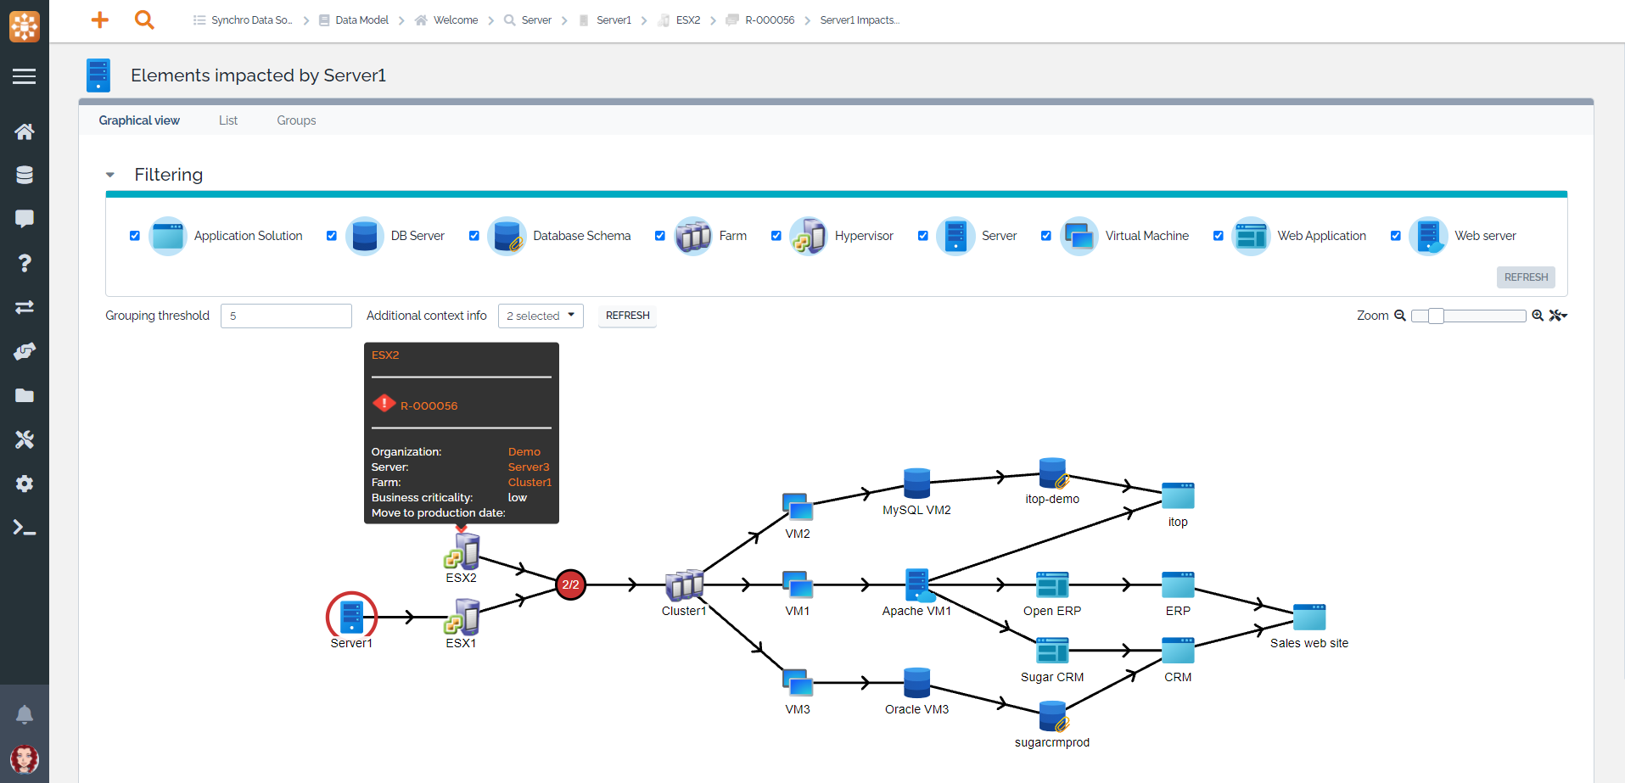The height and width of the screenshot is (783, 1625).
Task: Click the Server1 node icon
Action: (x=351, y=616)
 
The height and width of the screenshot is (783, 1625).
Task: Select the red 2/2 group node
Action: (x=570, y=584)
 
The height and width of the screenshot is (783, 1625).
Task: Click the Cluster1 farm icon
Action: (x=684, y=585)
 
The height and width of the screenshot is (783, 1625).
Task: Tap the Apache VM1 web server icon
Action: (x=917, y=584)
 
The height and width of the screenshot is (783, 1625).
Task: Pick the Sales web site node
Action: (x=1308, y=618)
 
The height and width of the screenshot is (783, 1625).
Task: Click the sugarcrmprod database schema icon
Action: (x=1052, y=716)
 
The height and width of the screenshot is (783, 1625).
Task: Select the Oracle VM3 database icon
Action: (x=916, y=683)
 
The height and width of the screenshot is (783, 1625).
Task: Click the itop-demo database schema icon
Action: (x=1052, y=473)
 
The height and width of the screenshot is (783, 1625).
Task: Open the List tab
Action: (x=228, y=120)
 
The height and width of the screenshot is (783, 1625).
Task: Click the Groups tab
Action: (x=296, y=120)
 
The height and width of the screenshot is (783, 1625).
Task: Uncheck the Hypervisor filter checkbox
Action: (x=776, y=236)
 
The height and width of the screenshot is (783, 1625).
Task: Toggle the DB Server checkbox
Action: (x=332, y=236)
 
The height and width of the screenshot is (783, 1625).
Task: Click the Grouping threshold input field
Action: (x=286, y=316)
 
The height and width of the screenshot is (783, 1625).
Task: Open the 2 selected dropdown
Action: (x=541, y=316)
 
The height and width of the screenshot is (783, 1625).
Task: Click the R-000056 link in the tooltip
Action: (x=429, y=405)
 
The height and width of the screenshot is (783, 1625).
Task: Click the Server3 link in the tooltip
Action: (x=529, y=467)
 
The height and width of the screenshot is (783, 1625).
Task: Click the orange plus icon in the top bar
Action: (x=100, y=20)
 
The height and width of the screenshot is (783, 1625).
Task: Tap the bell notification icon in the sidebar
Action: (x=25, y=714)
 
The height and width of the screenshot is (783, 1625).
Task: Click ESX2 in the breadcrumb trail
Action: (x=687, y=20)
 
